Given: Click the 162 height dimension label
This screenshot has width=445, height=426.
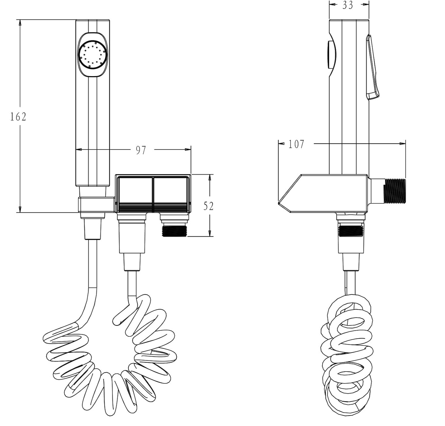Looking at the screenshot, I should point(18,116).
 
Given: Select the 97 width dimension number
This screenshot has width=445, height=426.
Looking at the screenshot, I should point(141,150).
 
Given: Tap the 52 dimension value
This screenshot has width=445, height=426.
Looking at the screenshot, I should point(208,206).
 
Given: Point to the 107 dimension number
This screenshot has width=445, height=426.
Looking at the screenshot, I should point(296,144).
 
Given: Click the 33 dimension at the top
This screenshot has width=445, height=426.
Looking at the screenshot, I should point(348,5).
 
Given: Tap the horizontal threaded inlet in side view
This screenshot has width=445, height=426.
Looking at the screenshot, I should point(395,191).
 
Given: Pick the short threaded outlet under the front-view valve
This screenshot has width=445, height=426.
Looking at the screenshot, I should point(174,231).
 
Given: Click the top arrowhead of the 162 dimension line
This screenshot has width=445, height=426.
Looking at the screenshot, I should point(20,22).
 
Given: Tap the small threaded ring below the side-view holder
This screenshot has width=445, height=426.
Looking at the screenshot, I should point(351,231).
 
